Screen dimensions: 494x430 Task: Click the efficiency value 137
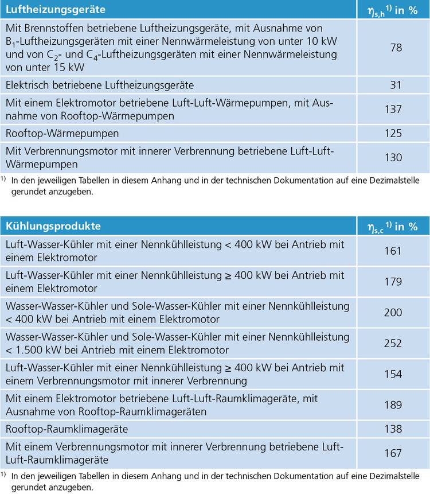[393, 110]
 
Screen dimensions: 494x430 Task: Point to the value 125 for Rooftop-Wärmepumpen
[393, 134]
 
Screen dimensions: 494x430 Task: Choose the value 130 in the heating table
[393, 158]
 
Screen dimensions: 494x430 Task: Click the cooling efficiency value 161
[393, 251]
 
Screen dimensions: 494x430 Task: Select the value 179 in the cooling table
[393, 282]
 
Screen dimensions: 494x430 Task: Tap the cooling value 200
[393, 313]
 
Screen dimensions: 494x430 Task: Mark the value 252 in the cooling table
[393, 343]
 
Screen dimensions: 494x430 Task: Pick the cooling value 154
[393, 374]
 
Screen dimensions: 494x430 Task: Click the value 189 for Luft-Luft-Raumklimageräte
[393, 404]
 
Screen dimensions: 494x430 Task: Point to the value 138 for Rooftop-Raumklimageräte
[393, 429]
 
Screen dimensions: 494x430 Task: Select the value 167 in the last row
[393, 453]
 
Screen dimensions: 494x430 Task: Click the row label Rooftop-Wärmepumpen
[62, 134]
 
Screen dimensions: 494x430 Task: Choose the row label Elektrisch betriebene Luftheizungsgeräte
[100, 85]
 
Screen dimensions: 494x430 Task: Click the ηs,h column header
[392, 10]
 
